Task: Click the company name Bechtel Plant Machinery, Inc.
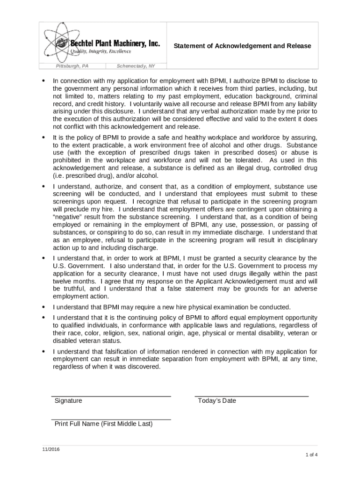[x=115, y=44]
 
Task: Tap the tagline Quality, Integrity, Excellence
[x=101, y=51]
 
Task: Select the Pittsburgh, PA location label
[x=72, y=66]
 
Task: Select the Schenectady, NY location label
[x=136, y=66]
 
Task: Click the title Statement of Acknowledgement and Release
[x=242, y=46]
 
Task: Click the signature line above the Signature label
[x=111, y=396]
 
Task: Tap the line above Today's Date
[x=252, y=396]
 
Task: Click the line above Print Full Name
[x=111, y=420]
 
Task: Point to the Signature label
[x=68, y=401]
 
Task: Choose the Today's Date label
[x=217, y=401]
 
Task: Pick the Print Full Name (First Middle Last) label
[x=103, y=424]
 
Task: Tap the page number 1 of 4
[x=312, y=455]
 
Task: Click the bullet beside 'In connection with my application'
[x=43, y=80]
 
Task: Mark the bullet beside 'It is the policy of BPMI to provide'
[x=43, y=138]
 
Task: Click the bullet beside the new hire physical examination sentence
[x=43, y=307]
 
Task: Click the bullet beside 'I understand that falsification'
[x=43, y=351]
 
